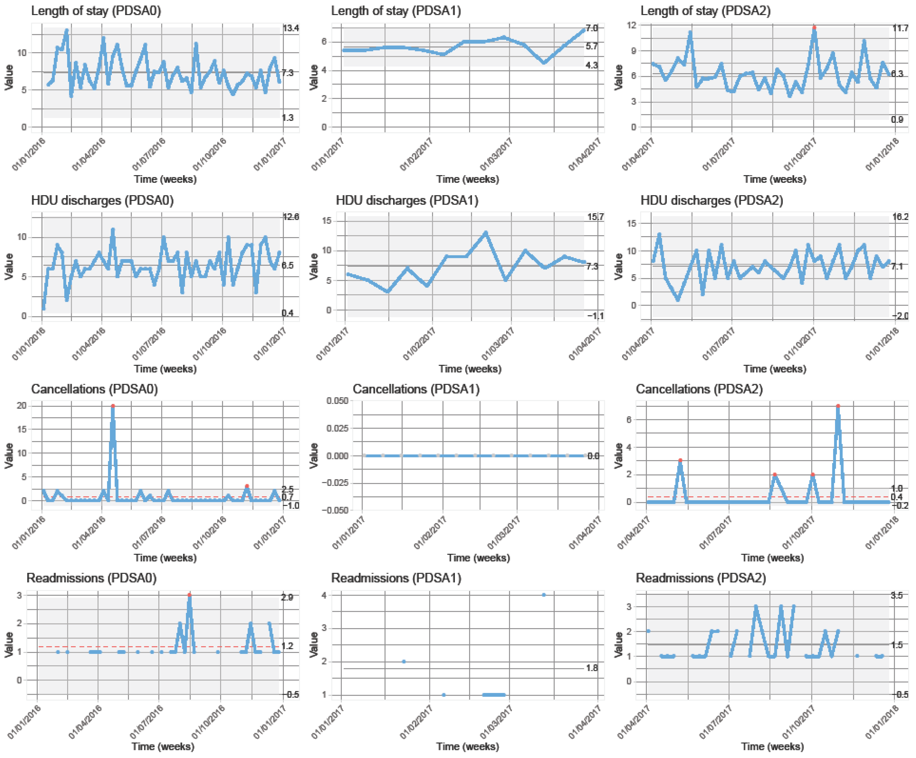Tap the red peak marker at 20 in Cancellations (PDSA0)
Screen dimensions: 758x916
tap(113, 406)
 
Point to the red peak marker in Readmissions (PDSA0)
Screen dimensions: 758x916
tap(189, 595)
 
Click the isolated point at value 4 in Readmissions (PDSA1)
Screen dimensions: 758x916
tap(543, 595)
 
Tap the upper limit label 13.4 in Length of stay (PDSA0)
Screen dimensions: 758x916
tap(290, 28)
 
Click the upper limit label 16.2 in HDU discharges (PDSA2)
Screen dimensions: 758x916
tap(900, 217)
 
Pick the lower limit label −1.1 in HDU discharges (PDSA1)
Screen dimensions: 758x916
tap(595, 316)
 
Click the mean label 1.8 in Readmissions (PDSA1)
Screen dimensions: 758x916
tap(592, 668)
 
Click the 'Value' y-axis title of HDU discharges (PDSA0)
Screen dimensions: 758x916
tap(9, 267)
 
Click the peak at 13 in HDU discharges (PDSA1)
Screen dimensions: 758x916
tap(485, 232)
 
